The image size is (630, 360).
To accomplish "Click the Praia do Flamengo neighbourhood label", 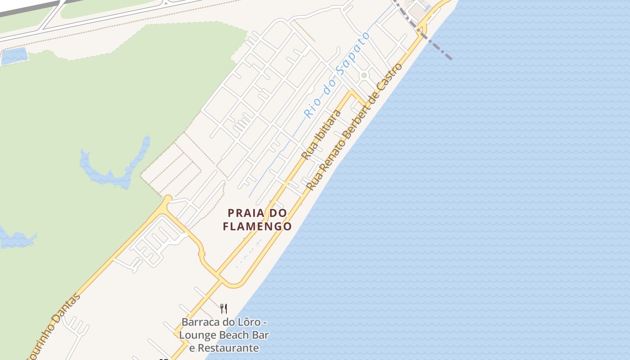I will point(257,219).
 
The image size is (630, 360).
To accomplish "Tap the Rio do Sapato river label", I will point(337,75).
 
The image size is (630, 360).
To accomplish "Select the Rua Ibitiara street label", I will point(320,135).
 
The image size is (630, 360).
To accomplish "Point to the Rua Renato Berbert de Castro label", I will point(354,126).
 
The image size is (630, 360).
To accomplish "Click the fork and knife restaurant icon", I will point(224,308).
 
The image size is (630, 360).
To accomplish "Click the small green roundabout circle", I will point(364,75).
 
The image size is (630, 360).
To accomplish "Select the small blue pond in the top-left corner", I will point(13,56).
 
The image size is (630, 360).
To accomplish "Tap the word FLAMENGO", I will point(257,226).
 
